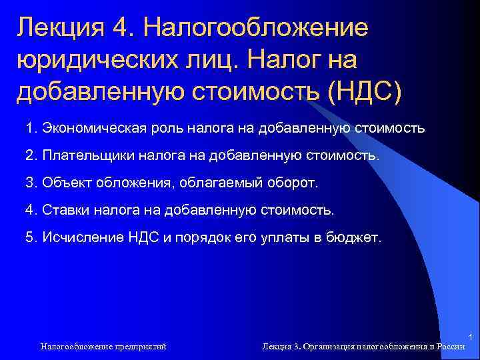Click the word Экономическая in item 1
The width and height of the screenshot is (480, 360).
click(87, 127)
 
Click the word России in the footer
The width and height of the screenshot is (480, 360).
click(451, 346)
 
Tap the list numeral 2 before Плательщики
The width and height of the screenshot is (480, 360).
click(29, 155)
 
